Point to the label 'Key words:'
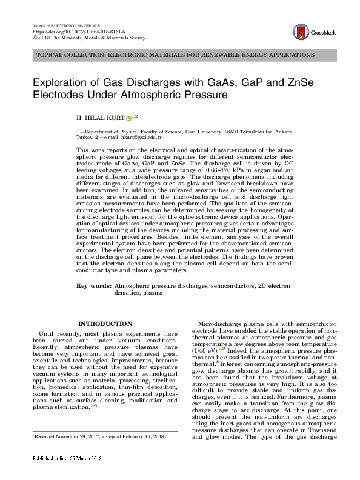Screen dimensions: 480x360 93,285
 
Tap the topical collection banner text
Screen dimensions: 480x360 176,55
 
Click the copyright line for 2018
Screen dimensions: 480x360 88,37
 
